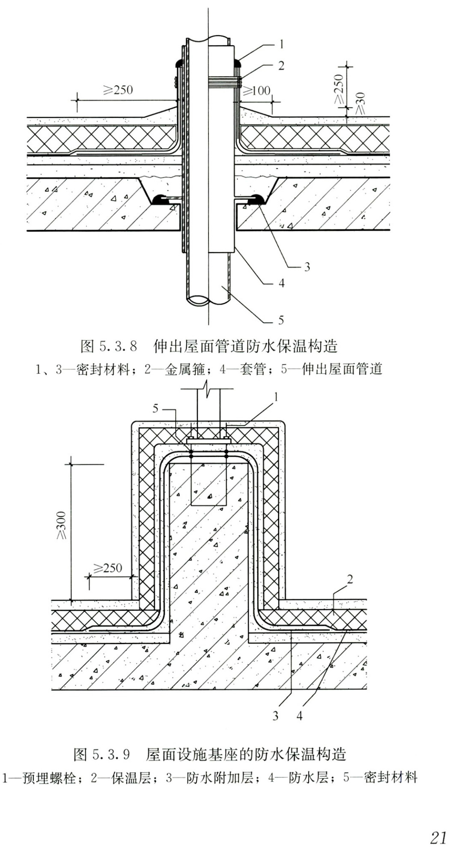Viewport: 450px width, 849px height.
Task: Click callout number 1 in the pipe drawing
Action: (x=281, y=44)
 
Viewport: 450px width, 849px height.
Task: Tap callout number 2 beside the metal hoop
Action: (x=281, y=66)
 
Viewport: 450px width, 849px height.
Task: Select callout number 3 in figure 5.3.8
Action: (x=307, y=267)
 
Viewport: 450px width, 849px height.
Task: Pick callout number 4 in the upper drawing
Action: (x=281, y=283)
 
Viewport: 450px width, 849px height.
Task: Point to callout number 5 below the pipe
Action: (x=281, y=320)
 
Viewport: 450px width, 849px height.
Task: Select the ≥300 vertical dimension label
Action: (x=62, y=525)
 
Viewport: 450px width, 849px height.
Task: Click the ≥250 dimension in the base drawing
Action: (x=107, y=568)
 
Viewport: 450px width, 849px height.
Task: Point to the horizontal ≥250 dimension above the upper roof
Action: (x=118, y=90)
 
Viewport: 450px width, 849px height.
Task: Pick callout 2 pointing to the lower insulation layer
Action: (x=350, y=579)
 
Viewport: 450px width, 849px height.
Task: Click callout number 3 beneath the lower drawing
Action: (x=276, y=715)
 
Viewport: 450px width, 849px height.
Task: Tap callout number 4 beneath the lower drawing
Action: (x=299, y=715)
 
